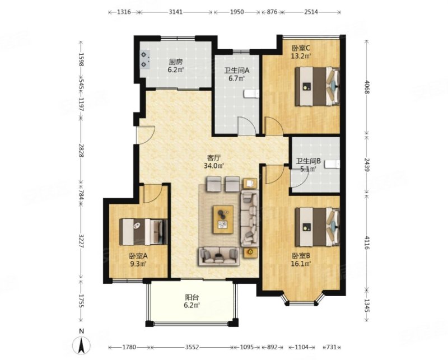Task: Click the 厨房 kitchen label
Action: (x=176, y=62)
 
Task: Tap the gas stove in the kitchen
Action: (x=145, y=60)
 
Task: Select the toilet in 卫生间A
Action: (x=251, y=93)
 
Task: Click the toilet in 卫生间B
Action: (x=333, y=164)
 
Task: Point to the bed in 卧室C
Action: (x=317, y=86)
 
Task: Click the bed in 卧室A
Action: (x=143, y=232)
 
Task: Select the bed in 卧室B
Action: (x=317, y=227)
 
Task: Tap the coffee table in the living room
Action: (x=223, y=219)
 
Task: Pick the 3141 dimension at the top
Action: (x=175, y=12)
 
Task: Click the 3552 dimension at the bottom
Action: (x=192, y=347)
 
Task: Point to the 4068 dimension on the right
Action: (x=367, y=87)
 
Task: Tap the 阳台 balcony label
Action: (x=192, y=298)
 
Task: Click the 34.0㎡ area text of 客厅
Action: (x=214, y=165)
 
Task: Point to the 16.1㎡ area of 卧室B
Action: (x=301, y=264)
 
